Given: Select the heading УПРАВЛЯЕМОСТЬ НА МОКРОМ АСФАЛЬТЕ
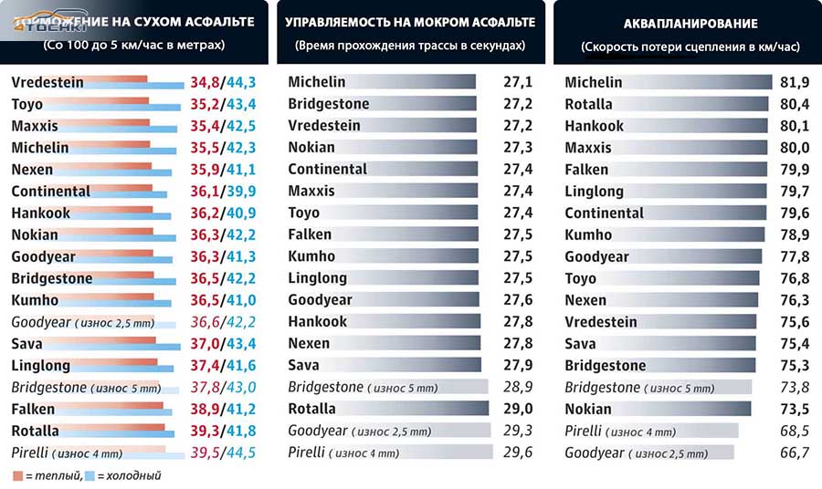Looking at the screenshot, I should [x=410, y=22].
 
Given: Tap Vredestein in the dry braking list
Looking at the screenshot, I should [x=47, y=82].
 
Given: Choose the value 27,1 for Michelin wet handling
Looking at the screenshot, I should [x=519, y=82].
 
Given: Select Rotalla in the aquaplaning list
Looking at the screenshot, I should [x=589, y=104].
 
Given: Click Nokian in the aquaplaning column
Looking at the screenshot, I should [x=588, y=409].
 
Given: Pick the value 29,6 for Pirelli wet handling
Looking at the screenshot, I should [x=519, y=453].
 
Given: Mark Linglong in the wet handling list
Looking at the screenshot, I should [x=318, y=278].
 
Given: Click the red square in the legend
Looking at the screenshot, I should [x=18, y=475].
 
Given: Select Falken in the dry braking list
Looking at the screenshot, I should [x=34, y=409].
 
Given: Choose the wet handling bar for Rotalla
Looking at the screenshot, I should [x=420, y=409].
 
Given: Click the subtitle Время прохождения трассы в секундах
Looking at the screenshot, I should [x=410, y=45].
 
